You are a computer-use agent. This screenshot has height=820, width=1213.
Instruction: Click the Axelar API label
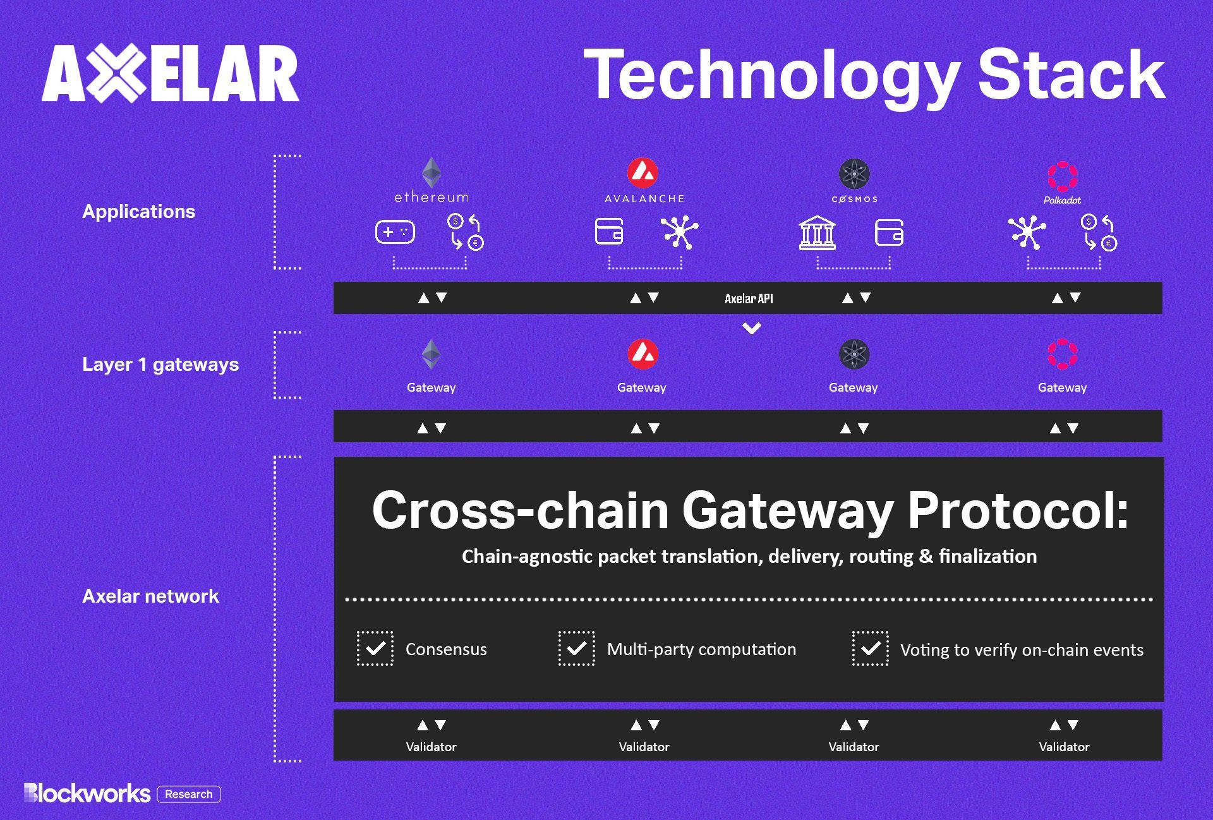749,299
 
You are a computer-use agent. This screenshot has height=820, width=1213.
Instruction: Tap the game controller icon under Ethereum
395,232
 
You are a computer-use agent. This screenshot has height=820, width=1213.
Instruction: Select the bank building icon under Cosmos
817,232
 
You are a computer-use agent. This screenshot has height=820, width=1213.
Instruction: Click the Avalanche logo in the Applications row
643,172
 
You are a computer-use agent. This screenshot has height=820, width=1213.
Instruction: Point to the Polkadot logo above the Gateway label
1063,354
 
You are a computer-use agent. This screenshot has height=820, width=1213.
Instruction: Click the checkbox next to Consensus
375,648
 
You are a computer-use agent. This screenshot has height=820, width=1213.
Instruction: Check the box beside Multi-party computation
576,648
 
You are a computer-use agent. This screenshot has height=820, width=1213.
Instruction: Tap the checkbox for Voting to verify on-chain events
870,648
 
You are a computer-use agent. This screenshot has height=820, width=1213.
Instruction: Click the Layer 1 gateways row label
160,365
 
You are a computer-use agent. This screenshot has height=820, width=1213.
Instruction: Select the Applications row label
139,212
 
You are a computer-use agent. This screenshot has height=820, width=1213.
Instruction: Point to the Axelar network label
150,596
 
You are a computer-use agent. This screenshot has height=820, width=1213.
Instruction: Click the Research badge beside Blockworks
189,794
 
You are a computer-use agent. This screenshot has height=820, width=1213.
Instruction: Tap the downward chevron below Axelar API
752,328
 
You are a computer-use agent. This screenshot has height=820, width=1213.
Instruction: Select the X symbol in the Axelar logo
116,73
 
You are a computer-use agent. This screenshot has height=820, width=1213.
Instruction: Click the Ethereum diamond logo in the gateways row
431,354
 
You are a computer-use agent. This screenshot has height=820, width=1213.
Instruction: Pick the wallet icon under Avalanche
609,231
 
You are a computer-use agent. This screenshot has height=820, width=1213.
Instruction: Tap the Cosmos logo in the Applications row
854,174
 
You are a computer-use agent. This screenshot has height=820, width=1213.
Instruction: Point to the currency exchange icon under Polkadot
1099,232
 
